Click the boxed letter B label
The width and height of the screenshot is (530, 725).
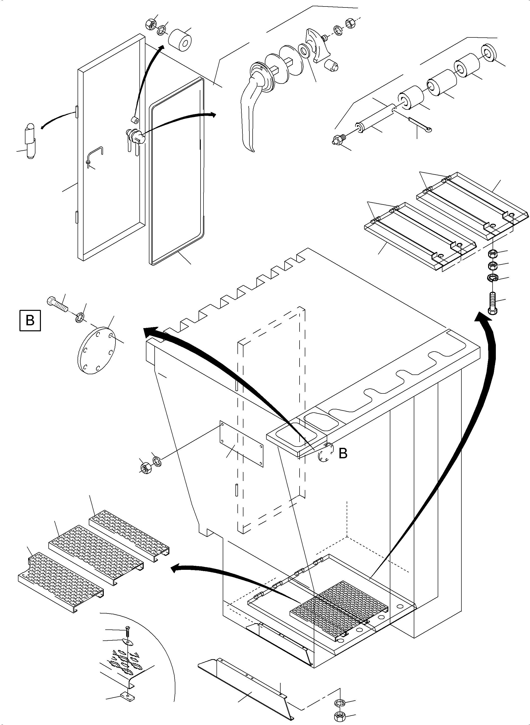coord(30,320)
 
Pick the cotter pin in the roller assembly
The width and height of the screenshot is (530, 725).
coord(420,124)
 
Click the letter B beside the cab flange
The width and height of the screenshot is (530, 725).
coord(343,454)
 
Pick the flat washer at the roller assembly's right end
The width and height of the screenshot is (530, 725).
coord(488,52)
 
